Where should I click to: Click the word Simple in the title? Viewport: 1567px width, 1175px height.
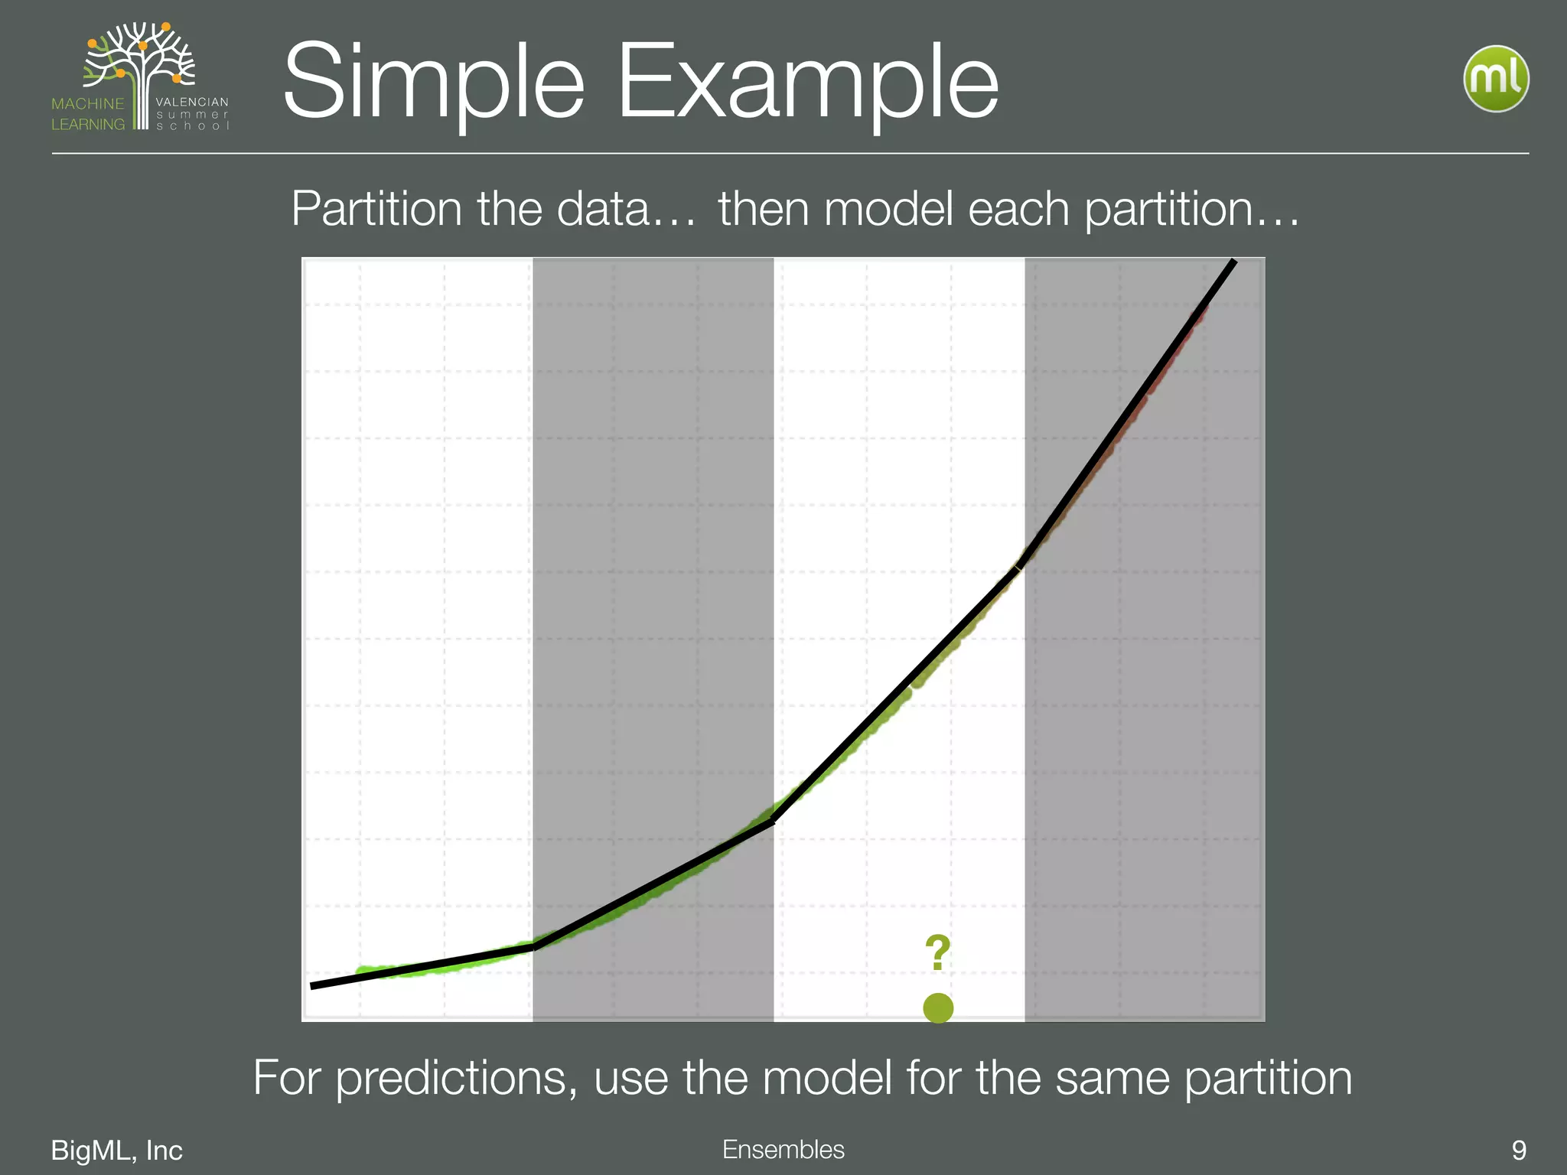click(433, 83)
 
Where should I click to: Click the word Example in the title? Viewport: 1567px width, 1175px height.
click(807, 83)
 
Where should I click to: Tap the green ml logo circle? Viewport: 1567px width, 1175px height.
click(1496, 80)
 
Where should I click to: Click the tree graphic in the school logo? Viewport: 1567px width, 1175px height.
click(142, 65)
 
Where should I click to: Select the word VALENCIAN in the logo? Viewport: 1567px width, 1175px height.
click(191, 102)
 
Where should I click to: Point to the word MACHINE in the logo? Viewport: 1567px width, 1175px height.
click(87, 103)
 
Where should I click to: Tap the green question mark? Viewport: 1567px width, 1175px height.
click(937, 953)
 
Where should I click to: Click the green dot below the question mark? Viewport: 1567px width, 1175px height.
click(938, 1008)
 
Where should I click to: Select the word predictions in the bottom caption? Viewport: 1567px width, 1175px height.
click(456, 1078)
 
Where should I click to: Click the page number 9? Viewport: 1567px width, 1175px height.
click(1518, 1150)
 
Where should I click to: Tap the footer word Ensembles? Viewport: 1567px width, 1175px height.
click(783, 1149)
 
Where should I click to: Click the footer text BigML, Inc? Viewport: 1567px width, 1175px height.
click(116, 1150)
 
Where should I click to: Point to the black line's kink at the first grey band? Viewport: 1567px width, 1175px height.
click(534, 947)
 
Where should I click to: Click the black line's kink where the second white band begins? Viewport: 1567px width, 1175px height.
click(774, 821)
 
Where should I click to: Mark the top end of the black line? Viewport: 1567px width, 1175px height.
click(1234, 262)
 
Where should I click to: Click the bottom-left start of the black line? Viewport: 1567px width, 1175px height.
click(312, 987)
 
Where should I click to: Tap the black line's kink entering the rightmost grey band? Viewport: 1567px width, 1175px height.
click(1021, 565)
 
